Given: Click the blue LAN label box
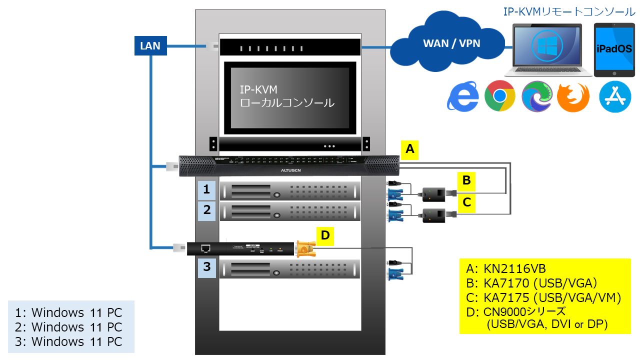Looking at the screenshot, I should point(150,46).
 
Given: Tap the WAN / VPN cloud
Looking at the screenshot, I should point(451,43).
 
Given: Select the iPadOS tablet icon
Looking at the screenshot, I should point(614,49).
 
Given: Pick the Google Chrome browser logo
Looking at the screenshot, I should point(499,96).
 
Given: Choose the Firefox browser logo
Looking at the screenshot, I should point(573,96).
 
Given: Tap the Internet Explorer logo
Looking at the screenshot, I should point(462,96).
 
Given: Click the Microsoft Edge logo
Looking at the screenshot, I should point(536,96).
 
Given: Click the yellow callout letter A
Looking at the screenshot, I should point(410,149).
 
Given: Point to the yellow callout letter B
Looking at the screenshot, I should point(466,180).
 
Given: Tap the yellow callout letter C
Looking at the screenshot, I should point(466,202).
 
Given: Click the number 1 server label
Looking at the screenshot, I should point(206,189).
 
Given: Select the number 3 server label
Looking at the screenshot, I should point(206,267).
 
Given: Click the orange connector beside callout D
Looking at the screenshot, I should point(304,248).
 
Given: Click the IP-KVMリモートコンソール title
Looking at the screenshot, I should point(568,11).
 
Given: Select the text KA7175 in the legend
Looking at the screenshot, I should point(505,298).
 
